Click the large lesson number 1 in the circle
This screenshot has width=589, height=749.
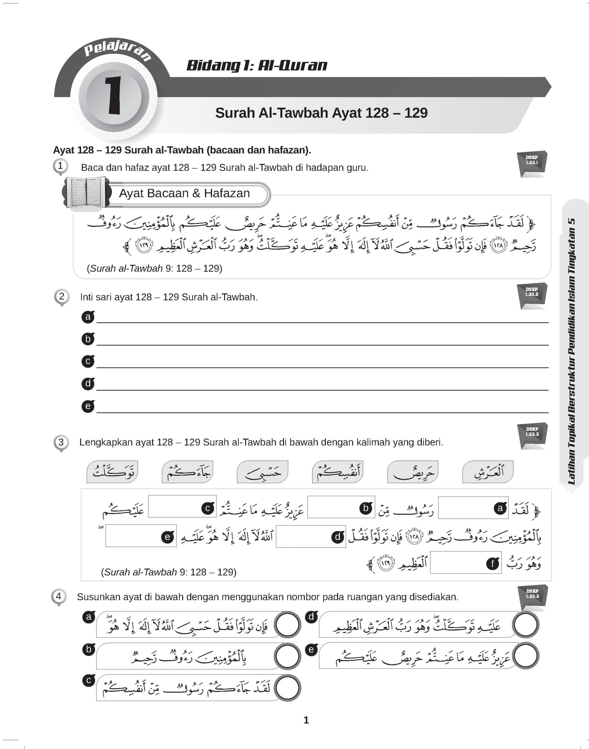[113, 95]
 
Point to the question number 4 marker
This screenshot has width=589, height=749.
[59, 596]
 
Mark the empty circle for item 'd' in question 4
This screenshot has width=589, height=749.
[526, 624]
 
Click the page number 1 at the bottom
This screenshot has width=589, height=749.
[306, 720]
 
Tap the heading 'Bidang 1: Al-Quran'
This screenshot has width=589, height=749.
[257, 66]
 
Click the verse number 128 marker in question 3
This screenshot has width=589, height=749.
[414, 537]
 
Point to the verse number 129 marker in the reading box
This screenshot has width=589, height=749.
[143, 246]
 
